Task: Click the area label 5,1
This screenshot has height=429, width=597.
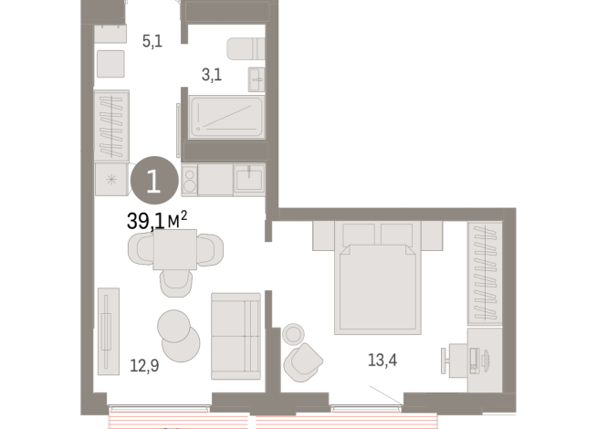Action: pos(152,40)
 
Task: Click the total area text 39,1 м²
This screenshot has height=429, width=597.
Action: pos(157,220)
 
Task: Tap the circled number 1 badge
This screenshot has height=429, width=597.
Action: pos(152,180)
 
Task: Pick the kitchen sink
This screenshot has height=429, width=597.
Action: pos(249,180)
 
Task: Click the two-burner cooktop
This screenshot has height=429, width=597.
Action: pos(190,180)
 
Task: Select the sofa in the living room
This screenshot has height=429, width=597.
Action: pos(236,328)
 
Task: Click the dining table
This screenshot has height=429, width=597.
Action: pos(175,249)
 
